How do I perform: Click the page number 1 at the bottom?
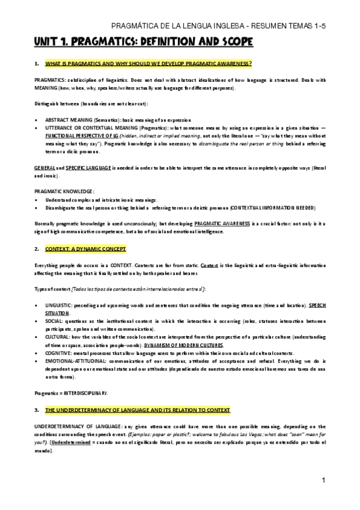point(323,481)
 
